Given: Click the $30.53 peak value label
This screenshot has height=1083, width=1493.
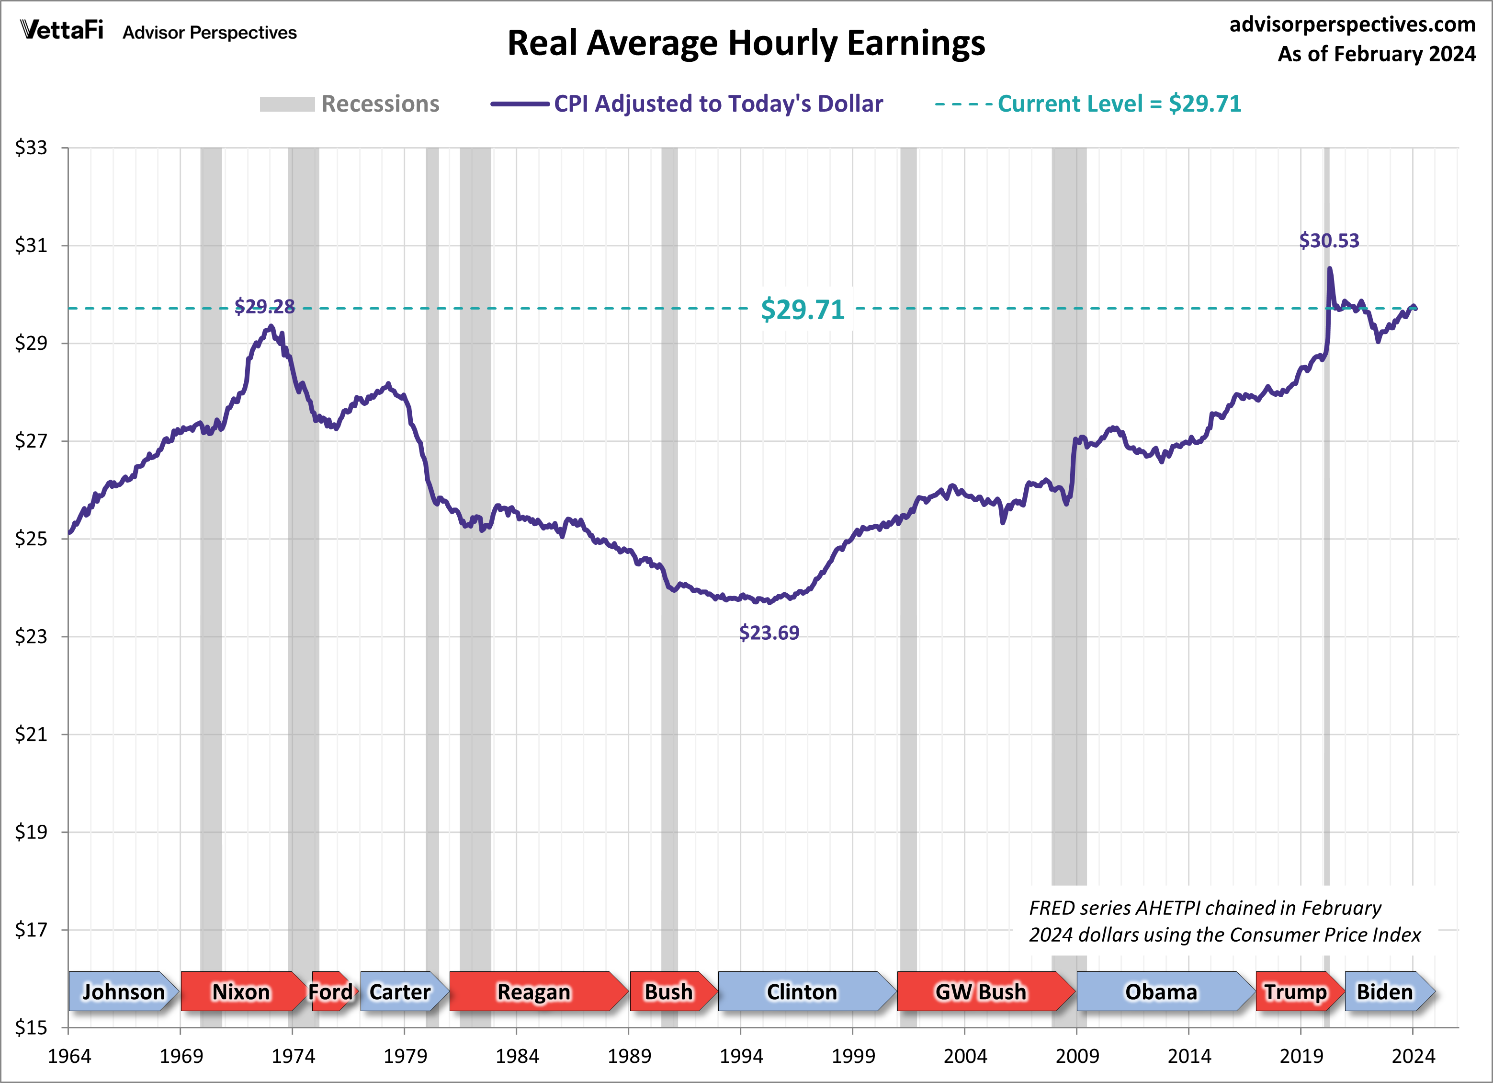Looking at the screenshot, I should click(1328, 241).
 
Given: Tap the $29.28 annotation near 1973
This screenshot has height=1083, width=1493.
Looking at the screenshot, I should click(265, 306).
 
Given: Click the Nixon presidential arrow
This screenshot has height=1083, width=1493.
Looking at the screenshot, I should click(241, 991).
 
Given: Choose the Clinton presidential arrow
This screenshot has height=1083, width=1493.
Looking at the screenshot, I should click(802, 991).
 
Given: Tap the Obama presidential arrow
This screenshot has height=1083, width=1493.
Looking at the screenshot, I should click(1161, 991).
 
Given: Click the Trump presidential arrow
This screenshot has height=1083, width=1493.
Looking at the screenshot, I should click(1296, 991).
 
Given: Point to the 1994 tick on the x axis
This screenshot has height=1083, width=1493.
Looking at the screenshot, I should click(741, 1056).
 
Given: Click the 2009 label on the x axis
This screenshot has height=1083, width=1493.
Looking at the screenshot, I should click(1077, 1056).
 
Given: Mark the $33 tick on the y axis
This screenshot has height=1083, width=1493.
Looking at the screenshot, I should click(31, 148).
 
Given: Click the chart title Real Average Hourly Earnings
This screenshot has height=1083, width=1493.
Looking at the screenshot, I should click(746, 44).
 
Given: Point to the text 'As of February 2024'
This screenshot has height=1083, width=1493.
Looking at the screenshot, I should click(1377, 54).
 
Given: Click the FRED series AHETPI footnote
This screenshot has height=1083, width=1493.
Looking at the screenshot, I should click(1224, 922).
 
